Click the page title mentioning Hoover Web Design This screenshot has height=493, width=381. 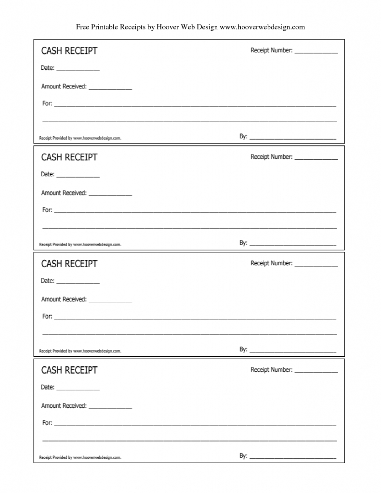point(190,27)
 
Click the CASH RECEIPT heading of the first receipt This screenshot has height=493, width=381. point(69,51)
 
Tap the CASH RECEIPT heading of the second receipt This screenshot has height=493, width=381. point(69,157)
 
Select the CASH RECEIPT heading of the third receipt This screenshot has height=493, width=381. point(69,263)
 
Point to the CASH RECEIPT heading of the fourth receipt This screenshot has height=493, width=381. point(69,370)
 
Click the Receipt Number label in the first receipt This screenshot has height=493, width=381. point(271,50)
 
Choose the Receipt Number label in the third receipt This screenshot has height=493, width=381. point(271,263)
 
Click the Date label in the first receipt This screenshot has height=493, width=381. point(48,68)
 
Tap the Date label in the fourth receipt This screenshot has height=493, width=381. point(48,387)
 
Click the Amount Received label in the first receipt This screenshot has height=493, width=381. point(64,87)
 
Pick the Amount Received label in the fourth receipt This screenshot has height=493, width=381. point(64,406)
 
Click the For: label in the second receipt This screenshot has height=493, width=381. point(47,209)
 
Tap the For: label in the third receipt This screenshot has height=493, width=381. point(47,316)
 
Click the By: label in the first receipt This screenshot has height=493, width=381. point(243,136)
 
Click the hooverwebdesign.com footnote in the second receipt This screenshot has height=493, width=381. point(80,245)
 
